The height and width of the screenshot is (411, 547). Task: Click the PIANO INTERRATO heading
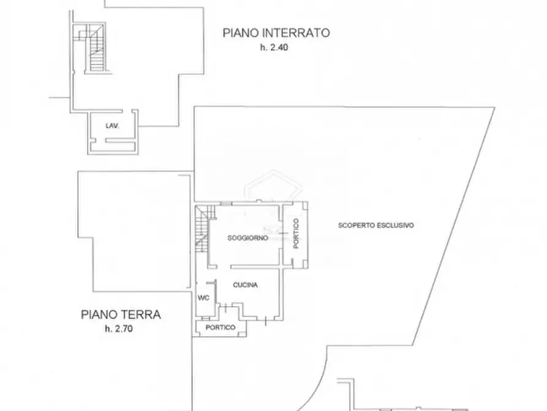(276, 33)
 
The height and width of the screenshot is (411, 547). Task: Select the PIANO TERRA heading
(121, 315)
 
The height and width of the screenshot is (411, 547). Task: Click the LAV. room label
(111, 126)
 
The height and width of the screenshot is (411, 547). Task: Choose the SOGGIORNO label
(247, 238)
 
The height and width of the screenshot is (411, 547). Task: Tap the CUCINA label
(245, 285)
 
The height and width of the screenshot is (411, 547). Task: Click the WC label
(203, 298)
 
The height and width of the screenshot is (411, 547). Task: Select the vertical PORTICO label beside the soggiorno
(296, 234)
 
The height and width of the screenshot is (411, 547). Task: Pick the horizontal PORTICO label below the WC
(221, 328)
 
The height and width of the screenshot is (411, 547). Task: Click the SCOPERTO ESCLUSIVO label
(376, 225)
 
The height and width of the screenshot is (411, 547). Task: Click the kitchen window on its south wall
(265, 319)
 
